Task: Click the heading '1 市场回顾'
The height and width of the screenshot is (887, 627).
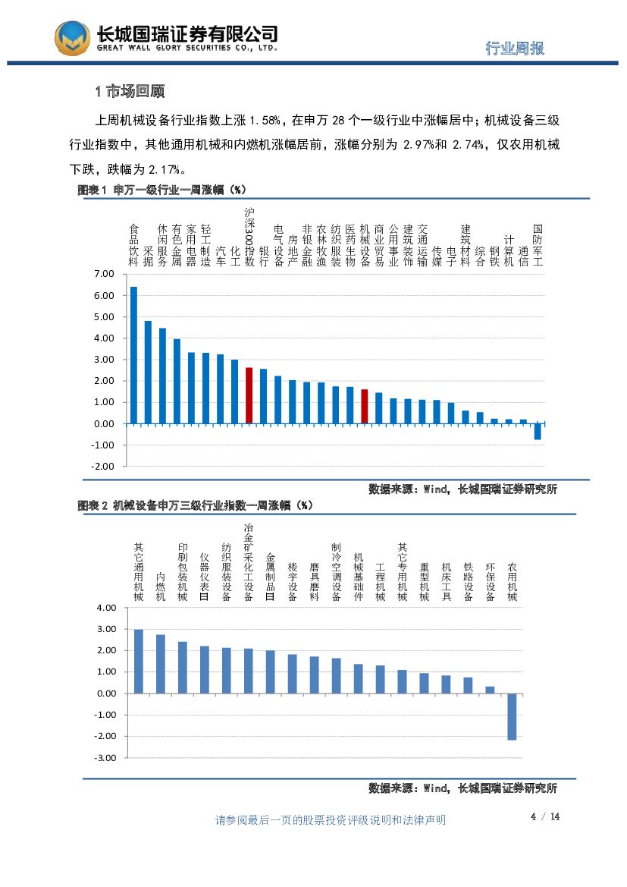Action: pos(130,92)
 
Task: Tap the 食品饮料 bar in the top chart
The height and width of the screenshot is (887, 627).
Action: pos(133,355)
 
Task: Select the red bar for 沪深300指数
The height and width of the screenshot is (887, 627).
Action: pos(249,395)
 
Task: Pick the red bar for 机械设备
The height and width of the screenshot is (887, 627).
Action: pos(364,406)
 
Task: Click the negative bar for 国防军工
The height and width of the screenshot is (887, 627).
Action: pos(538,431)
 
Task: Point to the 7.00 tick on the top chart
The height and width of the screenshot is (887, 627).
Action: pos(103,273)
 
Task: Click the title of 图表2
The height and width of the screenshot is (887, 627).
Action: pos(196,505)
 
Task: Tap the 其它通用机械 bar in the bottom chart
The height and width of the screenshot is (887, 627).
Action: pos(139,661)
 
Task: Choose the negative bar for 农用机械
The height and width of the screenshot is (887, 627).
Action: pos(512,716)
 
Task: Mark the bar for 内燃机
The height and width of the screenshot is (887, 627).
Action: pos(161,664)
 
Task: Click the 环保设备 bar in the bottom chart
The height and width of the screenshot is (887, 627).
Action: pos(490,690)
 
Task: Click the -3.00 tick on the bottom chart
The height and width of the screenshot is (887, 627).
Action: pos(105,757)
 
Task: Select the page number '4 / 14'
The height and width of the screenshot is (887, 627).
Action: pos(544,816)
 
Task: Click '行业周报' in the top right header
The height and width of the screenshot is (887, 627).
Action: pos(515,49)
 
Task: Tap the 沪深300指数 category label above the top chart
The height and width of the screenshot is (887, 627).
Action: pos(249,237)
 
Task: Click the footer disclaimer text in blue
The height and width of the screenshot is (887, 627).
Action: pos(331,820)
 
